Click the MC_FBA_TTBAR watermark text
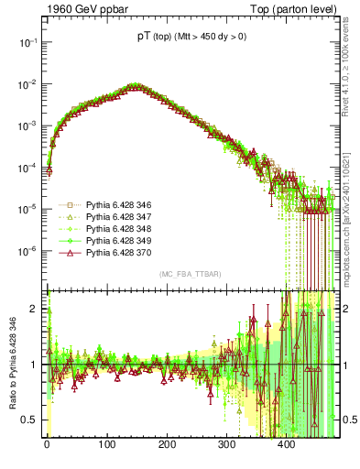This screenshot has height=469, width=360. pyautogui.click(x=188, y=275)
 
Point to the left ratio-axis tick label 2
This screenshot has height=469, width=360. pyautogui.click(x=36, y=309)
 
